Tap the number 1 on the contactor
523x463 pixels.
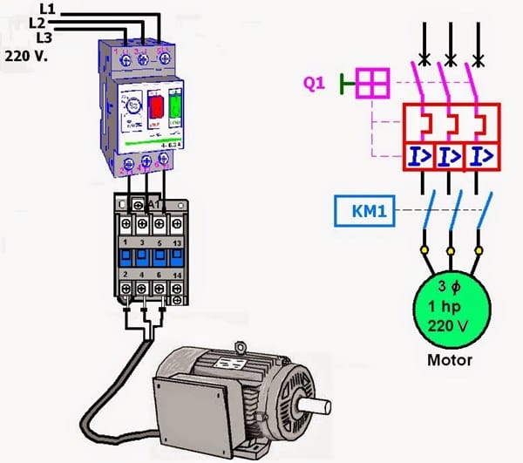point(126,242)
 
